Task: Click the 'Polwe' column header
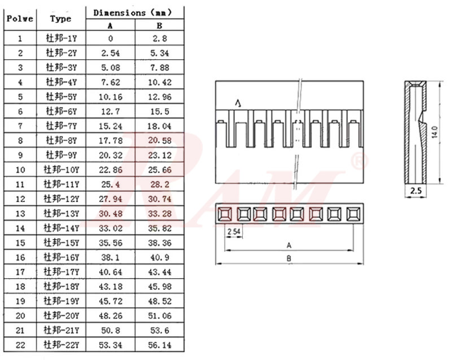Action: pos(20,18)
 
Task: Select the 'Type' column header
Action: pos(60,18)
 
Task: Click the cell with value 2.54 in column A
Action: pos(110,53)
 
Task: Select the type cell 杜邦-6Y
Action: pos(61,111)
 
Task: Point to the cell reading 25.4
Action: pos(110,184)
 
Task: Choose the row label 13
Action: pos(20,213)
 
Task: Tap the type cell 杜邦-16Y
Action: pos(61,257)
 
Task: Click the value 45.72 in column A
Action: pos(110,301)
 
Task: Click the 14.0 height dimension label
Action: pos(434,133)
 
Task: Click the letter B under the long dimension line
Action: pos(289,259)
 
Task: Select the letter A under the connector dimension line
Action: pos(289,245)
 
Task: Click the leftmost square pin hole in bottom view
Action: pos(225,214)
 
